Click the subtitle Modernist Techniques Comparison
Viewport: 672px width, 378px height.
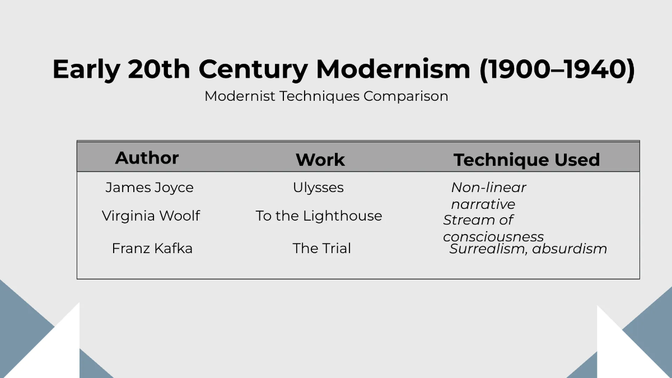(326, 96)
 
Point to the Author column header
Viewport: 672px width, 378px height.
(147, 158)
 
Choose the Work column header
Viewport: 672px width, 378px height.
(320, 160)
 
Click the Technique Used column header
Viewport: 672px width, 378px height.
(526, 160)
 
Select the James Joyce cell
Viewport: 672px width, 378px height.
(150, 188)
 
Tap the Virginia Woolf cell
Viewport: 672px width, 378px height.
(151, 216)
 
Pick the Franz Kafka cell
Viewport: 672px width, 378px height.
(152, 249)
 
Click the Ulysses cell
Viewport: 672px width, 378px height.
(318, 188)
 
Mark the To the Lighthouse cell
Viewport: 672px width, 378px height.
(319, 216)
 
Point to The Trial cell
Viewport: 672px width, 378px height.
(321, 249)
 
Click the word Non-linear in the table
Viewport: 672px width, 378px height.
(488, 188)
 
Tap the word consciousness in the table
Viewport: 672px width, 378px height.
(493, 237)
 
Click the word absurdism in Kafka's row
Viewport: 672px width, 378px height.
(570, 249)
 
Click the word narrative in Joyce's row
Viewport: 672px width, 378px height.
(483, 204)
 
